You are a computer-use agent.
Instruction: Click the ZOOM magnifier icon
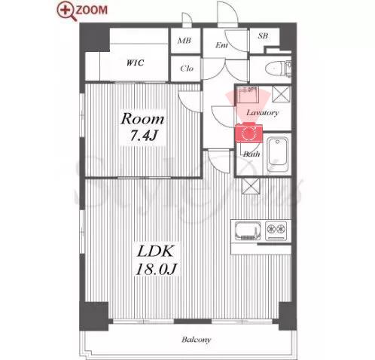point(65,11)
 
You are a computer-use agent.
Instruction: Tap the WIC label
point(135,63)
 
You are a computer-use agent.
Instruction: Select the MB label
point(184,41)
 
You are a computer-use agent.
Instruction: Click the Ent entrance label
point(221,45)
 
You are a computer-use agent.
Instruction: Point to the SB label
point(263,36)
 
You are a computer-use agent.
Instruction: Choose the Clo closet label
point(187,69)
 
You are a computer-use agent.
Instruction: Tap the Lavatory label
point(262,112)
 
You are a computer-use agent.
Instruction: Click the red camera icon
point(248,133)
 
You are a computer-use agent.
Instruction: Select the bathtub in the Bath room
point(277,154)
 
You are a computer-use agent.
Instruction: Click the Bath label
point(252,154)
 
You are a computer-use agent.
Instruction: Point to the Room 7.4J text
point(142,127)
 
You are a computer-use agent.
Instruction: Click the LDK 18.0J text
point(157,261)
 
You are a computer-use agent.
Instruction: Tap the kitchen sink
point(247,231)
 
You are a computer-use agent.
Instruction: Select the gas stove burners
point(276,229)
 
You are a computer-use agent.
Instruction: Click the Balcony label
point(196,340)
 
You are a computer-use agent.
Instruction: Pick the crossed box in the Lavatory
point(281,94)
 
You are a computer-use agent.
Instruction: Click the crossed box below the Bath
point(251,186)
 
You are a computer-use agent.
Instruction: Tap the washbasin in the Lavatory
point(248,94)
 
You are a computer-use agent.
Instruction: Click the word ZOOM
point(91,10)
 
